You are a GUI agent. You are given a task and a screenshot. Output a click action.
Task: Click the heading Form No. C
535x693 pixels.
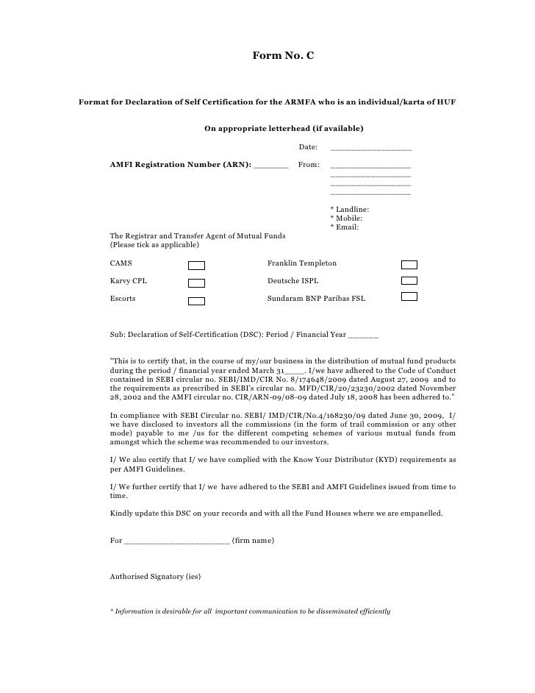[x=284, y=55]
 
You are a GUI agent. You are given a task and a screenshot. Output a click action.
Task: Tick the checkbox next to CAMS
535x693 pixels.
[x=196, y=265]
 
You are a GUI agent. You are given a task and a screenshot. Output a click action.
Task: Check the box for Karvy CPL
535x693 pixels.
[x=196, y=282]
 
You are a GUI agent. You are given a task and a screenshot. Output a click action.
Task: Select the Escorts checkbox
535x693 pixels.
[x=196, y=301]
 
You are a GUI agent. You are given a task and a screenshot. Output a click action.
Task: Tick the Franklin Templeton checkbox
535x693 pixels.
[x=409, y=264]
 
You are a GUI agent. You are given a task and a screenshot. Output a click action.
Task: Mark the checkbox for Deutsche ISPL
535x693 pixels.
[x=409, y=281]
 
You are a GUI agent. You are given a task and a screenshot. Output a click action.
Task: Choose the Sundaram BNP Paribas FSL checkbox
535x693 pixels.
[x=409, y=296]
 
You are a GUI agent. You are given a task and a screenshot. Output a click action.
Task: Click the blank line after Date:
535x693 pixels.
[x=370, y=149]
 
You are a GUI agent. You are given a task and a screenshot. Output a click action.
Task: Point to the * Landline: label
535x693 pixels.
[x=350, y=210]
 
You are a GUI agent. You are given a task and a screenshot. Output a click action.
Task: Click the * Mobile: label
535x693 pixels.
[x=347, y=218]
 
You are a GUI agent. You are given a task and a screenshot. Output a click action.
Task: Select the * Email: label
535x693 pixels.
[x=345, y=227]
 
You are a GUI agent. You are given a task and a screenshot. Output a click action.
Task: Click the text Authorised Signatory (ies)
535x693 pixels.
[x=155, y=577]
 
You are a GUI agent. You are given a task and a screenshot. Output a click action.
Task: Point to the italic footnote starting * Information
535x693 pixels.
[x=250, y=612]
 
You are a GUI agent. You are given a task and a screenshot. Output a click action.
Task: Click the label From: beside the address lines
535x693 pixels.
[x=309, y=163]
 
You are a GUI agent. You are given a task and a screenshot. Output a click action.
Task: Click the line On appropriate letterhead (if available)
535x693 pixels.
[x=284, y=129]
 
